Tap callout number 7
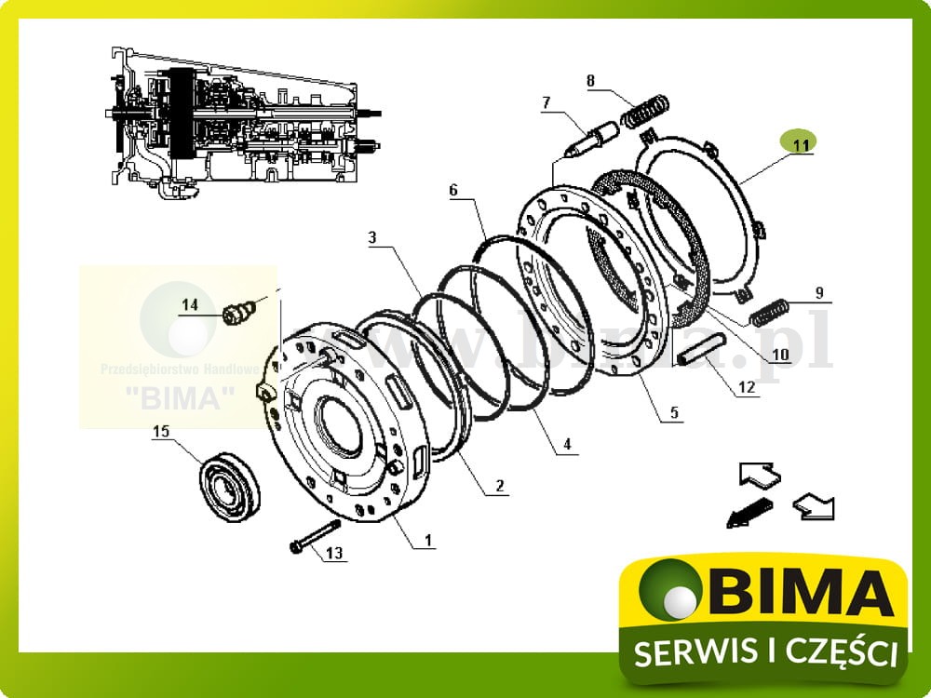pyautogui.click(x=546, y=101)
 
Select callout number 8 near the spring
pyautogui.click(x=590, y=80)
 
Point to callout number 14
pyautogui.click(x=190, y=304)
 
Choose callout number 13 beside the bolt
pyautogui.click(x=334, y=553)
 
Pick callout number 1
pyautogui.click(x=428, y=539)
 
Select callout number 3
pyautogui.click(x=371, y=238)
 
